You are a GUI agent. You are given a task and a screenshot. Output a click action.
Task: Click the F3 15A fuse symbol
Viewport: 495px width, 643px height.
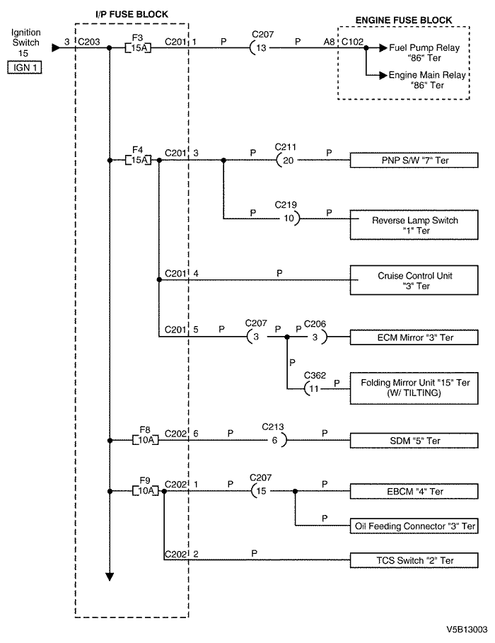138,48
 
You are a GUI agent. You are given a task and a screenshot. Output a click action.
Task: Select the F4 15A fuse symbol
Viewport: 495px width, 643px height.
138,160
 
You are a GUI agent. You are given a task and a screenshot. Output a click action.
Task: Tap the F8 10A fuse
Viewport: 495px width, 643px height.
146,441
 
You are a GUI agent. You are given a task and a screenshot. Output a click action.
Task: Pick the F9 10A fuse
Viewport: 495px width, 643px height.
146,491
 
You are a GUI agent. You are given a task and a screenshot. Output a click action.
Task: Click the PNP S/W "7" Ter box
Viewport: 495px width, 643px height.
414,161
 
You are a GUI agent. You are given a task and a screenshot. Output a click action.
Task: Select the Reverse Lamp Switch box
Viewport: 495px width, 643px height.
414,225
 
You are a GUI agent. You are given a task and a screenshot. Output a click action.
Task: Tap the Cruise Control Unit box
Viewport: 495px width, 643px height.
414,280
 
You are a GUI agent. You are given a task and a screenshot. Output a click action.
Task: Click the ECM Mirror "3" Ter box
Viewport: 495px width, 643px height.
414,337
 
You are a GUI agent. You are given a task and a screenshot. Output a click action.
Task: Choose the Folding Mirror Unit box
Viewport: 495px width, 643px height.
414,388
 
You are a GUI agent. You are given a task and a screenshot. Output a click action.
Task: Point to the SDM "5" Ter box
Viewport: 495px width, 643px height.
414,441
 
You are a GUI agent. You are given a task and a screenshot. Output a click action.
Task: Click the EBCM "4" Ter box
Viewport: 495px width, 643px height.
414,492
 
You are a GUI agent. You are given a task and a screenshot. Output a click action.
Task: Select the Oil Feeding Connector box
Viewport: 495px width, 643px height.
414,526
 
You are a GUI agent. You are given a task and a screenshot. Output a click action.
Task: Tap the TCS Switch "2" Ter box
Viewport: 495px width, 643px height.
414,560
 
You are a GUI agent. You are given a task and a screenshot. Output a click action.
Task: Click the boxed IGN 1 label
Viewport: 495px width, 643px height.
25,67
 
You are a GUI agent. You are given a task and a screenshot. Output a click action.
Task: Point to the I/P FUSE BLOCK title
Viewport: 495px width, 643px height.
132,14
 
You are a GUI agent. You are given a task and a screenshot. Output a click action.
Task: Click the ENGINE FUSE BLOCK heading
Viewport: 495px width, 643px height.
404,20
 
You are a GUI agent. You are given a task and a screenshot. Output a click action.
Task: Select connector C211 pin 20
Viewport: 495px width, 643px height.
286,161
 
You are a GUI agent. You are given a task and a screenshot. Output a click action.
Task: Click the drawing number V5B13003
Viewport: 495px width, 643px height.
467,630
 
